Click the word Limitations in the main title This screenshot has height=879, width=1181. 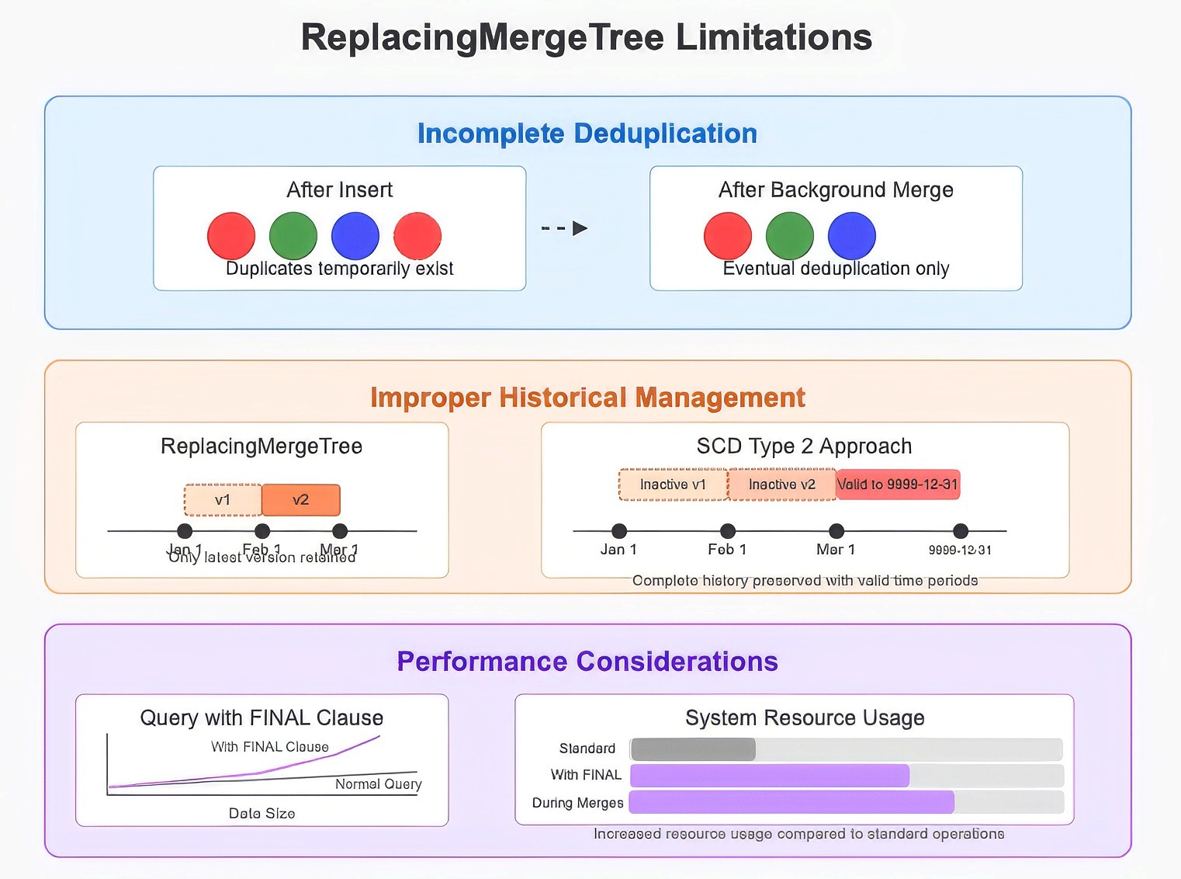tap(774, 37)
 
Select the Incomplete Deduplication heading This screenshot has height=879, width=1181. tap(587, 134)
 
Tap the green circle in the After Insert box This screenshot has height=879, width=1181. tap(293, 236)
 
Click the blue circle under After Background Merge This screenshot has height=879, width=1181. tap(851, 236)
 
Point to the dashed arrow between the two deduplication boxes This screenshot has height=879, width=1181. tap(564, 228)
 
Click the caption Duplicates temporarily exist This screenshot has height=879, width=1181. tap(339, 269)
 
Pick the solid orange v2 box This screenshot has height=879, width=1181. tap(301, 500)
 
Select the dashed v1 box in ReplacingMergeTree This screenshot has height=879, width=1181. tap(223, 500)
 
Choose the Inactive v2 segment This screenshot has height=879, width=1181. tap(781, 485)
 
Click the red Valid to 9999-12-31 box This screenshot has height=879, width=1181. tap(898, 485)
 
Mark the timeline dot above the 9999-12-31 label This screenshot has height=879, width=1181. tap(961, 531)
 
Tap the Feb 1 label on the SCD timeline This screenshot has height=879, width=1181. tap(727, 550)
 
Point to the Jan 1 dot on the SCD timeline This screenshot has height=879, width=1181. tap(619, 531)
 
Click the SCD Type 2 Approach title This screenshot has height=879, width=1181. tap(804, 446)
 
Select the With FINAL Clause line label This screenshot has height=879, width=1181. tap(270, 747)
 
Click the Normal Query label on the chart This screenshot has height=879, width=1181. tap(378, 784)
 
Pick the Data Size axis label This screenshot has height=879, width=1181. tap(261, 814)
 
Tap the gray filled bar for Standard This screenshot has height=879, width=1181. tap(693, 749)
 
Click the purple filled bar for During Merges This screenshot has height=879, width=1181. tap(791, 802)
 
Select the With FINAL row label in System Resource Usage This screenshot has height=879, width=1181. tap(586, 775)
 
